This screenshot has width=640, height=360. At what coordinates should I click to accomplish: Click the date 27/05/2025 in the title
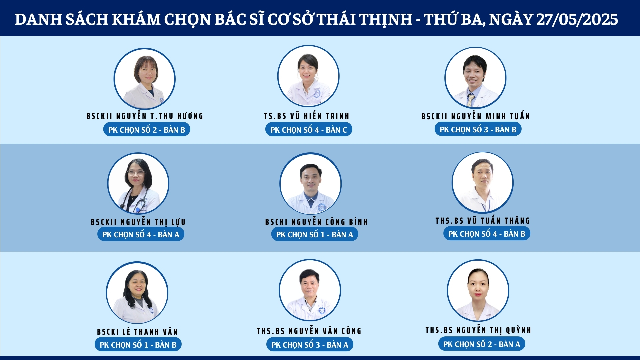(x=577, y=19)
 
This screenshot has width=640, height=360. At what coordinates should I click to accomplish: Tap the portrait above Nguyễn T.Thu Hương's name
(x=144, y=79)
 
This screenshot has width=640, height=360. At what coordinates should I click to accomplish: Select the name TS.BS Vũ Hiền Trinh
(x=307, y=116)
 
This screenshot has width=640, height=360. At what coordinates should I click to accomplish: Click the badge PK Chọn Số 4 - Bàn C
(x=309, y=130)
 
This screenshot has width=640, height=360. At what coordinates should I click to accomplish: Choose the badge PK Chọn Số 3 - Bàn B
(x=478, y=129)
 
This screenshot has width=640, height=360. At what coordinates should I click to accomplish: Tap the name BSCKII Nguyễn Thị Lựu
(x=138, y=222)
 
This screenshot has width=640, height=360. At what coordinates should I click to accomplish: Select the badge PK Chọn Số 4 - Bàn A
(x=141, y=234)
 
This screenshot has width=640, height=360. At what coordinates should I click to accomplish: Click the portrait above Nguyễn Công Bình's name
(x=311, y=184)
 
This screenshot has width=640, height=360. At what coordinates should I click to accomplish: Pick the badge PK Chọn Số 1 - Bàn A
(x=315, y=234)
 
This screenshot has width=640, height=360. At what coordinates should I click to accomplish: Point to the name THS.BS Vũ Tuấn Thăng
(x=483, y=221)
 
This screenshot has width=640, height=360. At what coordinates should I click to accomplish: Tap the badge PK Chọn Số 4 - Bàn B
(x=487, y=234)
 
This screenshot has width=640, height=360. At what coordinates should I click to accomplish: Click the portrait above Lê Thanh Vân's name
(x=137, y=293)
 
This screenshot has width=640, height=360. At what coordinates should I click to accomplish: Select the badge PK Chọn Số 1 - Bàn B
(x=138, y=345)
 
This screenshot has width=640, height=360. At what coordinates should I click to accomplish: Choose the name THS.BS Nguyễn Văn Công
(x=309, y=331)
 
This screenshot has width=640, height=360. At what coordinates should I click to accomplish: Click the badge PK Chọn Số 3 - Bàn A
(x=310, y=345)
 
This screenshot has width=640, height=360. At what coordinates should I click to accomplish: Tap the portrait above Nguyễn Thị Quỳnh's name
(x=478, y=291)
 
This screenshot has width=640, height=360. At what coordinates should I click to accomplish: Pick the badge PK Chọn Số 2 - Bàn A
(x=482, y=344)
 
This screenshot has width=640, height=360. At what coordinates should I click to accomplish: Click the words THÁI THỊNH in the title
(x=365, y=19)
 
